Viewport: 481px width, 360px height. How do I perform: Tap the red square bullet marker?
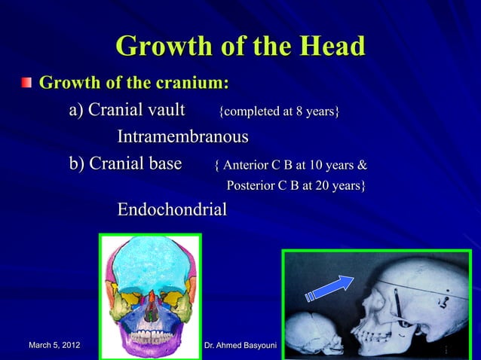27,81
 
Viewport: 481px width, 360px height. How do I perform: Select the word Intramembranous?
182,137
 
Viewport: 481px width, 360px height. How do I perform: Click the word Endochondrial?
171,209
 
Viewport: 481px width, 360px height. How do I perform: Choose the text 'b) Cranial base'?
125,163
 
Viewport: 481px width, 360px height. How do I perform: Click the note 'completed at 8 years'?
279,112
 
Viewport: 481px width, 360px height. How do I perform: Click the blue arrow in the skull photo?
330,288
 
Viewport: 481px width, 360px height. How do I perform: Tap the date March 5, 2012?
54,346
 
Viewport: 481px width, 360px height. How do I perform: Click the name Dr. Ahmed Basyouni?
240,346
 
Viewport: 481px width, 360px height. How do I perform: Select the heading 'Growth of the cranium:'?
133,81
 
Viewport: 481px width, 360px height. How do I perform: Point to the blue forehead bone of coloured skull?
150,259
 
